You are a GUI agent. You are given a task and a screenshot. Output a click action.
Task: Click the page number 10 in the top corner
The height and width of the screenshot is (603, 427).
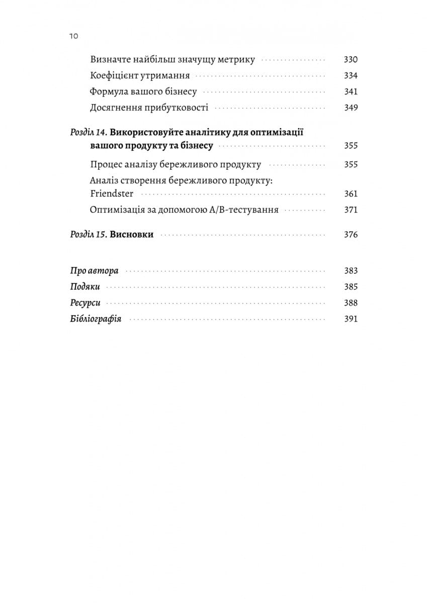(73, 36)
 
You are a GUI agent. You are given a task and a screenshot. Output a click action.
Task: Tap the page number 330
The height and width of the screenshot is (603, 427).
(351, 60)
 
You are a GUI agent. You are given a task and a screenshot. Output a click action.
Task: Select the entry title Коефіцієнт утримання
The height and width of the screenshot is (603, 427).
(140, 76)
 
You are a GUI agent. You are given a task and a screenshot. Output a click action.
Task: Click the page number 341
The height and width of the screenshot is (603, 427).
(351, 92)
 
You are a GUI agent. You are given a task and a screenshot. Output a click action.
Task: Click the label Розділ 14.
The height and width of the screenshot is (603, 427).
(88, 133)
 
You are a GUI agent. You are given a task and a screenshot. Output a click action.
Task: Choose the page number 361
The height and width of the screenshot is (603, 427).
(351, 194)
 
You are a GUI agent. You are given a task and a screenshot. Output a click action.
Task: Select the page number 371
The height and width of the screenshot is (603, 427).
(351, 210)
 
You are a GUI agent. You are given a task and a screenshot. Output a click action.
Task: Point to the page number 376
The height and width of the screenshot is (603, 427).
(351, 235)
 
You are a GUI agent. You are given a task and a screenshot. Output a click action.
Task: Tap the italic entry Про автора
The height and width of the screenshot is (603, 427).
(94, 271)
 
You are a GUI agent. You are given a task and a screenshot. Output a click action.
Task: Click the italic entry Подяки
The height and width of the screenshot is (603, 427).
(85, 287)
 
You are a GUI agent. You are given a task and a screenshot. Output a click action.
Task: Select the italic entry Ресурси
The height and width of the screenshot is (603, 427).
(85, 303)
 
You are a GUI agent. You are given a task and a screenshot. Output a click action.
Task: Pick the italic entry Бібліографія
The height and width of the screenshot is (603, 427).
(96, 319)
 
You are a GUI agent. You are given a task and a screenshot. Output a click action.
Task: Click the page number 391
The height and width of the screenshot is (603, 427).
(351, 319)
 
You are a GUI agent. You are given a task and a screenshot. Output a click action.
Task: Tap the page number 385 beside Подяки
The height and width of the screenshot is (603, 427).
(351, 287)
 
